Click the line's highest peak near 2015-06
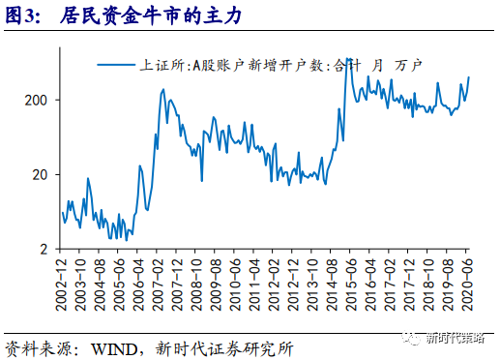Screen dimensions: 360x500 (x=346, y=60)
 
